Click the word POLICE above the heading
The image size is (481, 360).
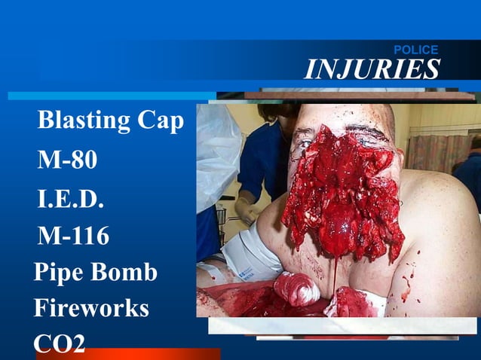click(x=415, y=50)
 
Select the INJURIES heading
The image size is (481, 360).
click(x=372, y=69)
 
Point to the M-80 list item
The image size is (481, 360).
click(x=67, y=160)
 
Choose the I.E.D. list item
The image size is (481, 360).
click(x=70, y=200)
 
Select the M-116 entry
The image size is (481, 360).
click(x=73, y=237)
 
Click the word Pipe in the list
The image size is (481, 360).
click(x=59, y=273)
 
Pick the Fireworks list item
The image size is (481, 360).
click(x=90, y=308)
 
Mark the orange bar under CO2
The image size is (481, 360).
click(x=128, y=354)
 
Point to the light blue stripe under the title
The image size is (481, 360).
click(x=113, y=96)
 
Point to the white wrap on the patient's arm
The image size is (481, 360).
click(x=249, y=256)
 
